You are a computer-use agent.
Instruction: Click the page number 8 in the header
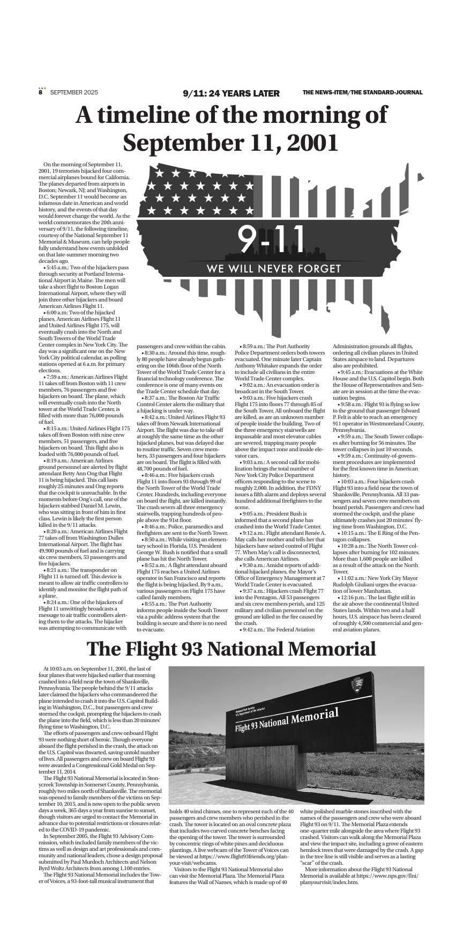coord(40,92)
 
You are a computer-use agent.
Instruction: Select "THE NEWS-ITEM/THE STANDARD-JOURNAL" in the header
coord(362,92)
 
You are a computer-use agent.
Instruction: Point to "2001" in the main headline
coord(312,143)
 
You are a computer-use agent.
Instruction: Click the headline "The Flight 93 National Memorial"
coord(231,649)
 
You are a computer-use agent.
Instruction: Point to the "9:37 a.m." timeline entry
coord(258,591)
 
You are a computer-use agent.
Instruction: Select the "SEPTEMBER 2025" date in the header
coord(74,92)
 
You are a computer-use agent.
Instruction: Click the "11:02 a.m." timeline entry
coord(356,578)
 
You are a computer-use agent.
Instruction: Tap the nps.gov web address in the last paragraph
coord(387,876)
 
